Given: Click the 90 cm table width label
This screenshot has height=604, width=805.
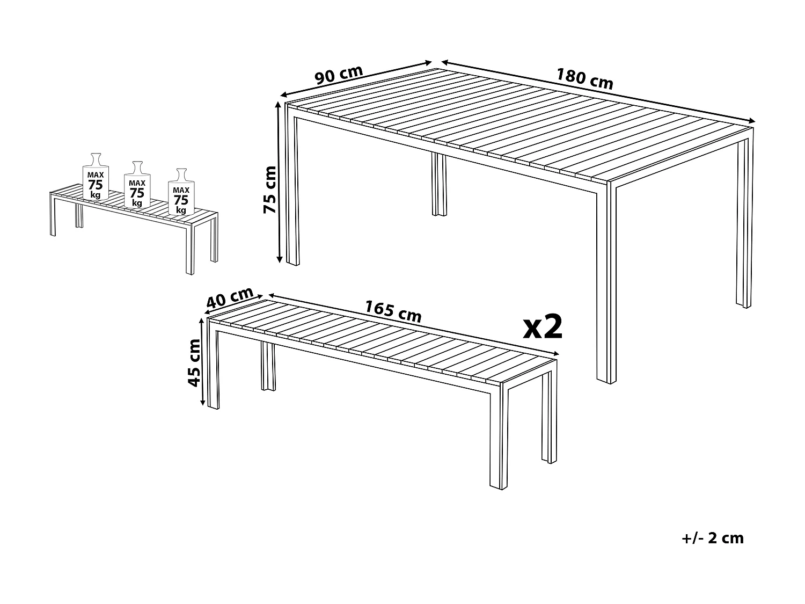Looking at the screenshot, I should tap(339, 75).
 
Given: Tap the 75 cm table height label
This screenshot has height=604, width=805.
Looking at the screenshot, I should tap(270, 190).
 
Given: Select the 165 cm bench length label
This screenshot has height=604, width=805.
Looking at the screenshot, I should tap(393, 311).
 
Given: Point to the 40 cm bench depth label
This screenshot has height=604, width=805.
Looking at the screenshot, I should tap(230, 298).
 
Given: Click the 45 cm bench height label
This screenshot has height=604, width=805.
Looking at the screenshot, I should tap(194, 362).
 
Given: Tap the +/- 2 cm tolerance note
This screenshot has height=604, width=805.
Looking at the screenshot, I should tap(712, 538).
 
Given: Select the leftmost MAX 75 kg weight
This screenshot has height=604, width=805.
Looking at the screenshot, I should tap(96, 177).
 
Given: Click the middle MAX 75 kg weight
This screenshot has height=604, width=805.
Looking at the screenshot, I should tap(137, 185).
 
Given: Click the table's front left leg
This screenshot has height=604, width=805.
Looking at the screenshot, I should tap(293, 188).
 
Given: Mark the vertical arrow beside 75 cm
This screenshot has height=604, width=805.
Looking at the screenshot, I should tap(279, 183).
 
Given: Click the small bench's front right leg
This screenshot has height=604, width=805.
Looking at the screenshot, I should tap(189, 250).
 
